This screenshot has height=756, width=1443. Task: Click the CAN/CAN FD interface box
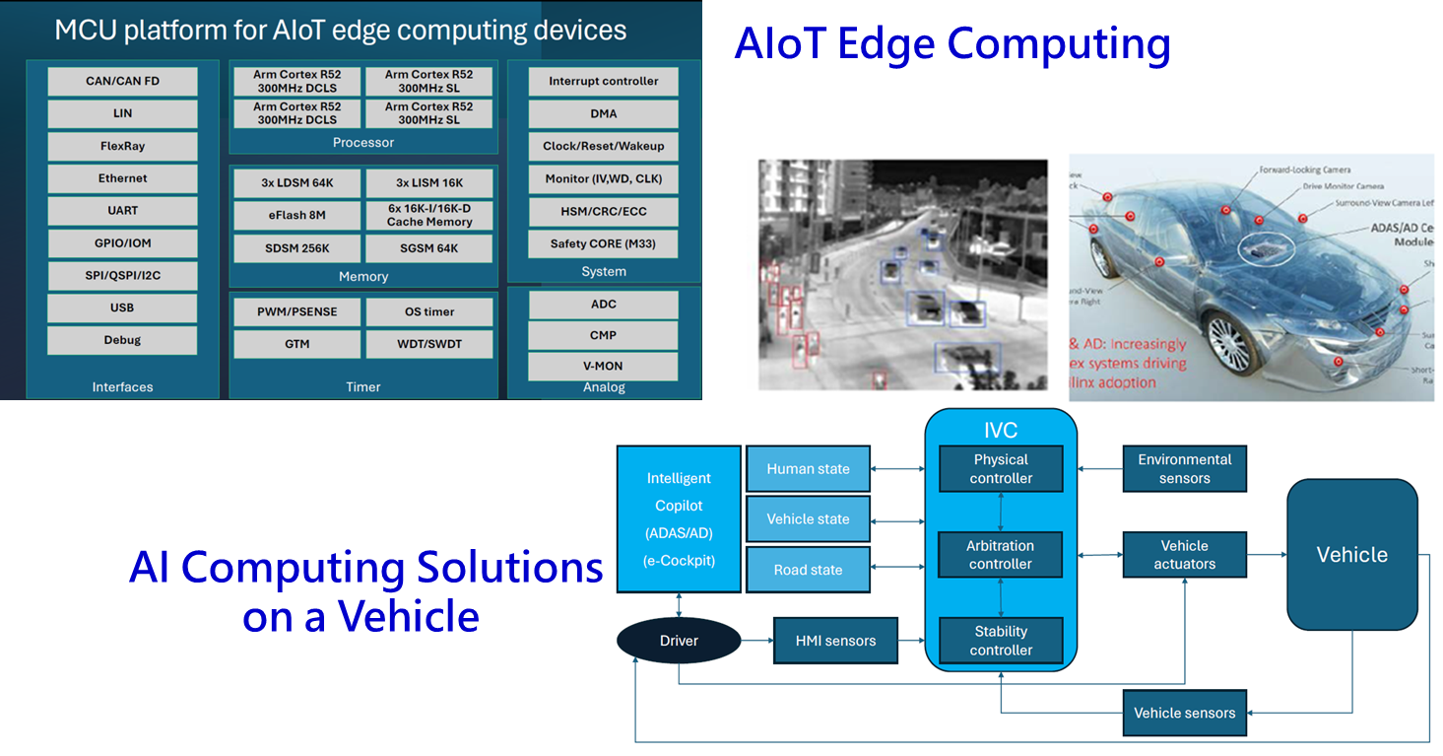[x=122, y=81]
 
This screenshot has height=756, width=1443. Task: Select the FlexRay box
[x=122, y=146]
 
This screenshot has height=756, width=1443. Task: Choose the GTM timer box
[x=296, y=344]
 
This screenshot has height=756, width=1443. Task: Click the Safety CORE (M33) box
[x=603, y=243]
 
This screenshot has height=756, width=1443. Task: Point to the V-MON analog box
[x=603, y=366]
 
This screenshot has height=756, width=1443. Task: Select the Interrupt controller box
[x=603, y=81]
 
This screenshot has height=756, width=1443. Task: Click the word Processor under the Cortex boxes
[x=363, y=143]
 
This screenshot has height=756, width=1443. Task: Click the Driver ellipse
[x=679, y=641]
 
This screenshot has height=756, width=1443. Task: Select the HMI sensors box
[x=836, y=641]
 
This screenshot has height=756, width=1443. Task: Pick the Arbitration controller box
[x=1001, y=555]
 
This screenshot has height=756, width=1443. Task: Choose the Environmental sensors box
[x=1184, y=469]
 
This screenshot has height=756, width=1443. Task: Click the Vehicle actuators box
[x=1184, y=555]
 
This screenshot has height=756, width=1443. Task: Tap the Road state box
[x=808, y=570]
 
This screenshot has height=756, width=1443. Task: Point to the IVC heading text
[x=1001, y=431]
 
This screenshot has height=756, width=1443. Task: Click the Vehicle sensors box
[x=1184, y=713]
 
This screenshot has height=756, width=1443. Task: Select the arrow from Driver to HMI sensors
[x=756, y=641]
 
